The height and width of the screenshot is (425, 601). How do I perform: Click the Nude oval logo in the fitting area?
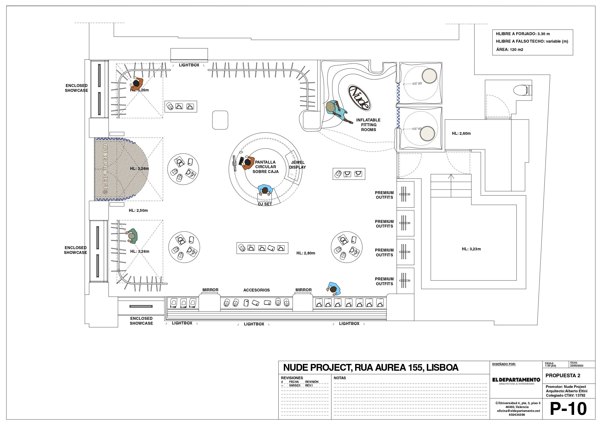(359, 98)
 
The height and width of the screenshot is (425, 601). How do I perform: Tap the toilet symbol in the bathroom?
(523, 90)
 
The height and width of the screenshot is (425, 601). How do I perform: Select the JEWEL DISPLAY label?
(298, 165)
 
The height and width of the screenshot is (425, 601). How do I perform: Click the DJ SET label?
(265, 204)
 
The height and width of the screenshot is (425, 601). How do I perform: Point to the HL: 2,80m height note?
(306, 253)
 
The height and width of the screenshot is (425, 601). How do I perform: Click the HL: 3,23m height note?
(471, 249)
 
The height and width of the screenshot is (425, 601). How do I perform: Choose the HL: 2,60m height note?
(461, 133)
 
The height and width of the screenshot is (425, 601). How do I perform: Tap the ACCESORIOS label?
(257, 290)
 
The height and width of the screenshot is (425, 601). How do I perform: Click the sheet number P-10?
(568, 409)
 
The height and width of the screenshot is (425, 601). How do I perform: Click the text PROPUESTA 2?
(563, 376)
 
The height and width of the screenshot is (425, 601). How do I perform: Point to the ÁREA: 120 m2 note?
(510, 49)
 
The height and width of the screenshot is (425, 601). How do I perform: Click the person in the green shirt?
(132, 236)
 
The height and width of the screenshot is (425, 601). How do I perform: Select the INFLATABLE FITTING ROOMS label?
(368, 125)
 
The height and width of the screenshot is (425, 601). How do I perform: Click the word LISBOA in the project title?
(442, 368)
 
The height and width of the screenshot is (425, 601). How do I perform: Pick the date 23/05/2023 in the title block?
(577, 366)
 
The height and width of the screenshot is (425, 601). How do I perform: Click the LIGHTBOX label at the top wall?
(189, 65)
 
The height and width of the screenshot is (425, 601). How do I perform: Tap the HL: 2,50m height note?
(138, 210)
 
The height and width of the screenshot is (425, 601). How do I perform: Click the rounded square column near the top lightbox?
(220, 120)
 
